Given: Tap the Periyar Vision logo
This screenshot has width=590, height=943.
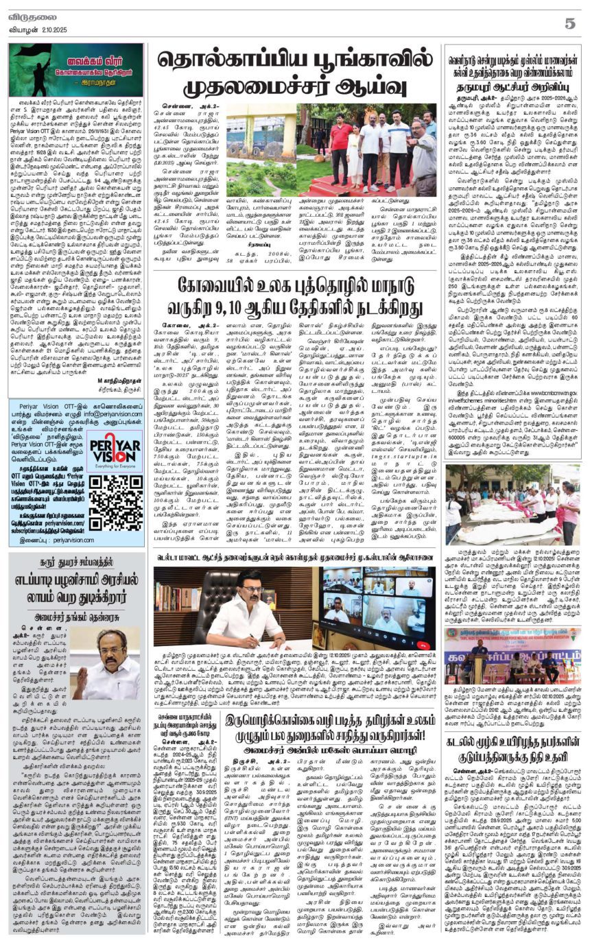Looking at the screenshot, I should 115,451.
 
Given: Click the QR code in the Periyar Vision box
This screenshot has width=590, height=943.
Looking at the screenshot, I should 116,503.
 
